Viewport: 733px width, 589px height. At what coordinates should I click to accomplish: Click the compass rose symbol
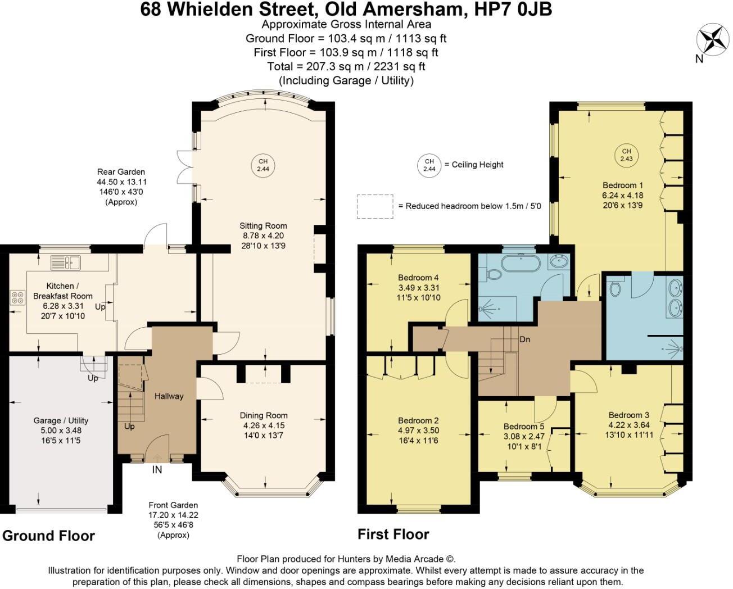click(712, 40)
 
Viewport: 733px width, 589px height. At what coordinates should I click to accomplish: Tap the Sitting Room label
click(263, 225)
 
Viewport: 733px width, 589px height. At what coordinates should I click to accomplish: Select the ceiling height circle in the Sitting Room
click(263, 165)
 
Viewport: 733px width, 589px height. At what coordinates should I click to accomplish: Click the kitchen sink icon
click(66, 262)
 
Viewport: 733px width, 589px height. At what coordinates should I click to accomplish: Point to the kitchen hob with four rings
click(17, 297)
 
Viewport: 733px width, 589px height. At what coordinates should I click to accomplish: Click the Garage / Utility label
click(61, 420)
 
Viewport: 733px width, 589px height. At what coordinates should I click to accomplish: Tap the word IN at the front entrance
click(157, 469)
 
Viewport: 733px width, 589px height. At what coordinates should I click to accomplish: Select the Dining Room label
click(264, 415)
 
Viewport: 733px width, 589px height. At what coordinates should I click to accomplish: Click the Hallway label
click(169, 396)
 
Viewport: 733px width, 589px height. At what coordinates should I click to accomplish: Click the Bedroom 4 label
click(418, 278)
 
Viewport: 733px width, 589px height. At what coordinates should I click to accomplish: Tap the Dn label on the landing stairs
click(524, 339)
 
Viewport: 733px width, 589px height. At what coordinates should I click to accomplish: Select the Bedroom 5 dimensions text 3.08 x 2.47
click(524, 436)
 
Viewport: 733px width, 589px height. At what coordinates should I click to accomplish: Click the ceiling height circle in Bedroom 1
click(626, 155)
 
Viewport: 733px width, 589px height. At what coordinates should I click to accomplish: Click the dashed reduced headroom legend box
click(375, 206)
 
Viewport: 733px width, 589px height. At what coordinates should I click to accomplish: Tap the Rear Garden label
click(121, 172)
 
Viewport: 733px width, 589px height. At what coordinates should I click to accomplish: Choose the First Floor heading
click(393, 534)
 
